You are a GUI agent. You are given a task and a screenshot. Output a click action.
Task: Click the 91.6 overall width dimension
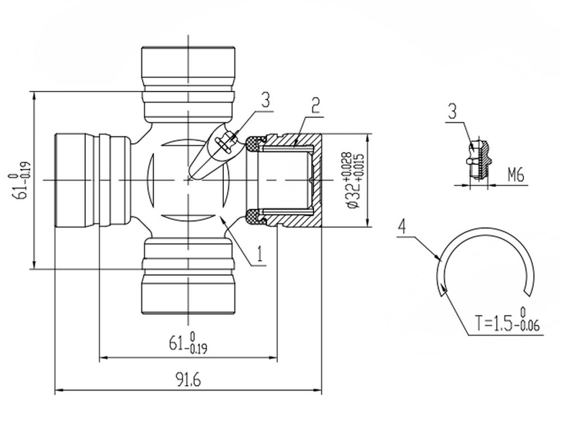(188, 379)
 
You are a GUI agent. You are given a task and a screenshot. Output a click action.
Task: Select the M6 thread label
(516, 175)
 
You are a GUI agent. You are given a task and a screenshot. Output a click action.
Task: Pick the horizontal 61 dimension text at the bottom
(188, 343)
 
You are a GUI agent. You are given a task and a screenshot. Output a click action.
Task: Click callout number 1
(260, 254)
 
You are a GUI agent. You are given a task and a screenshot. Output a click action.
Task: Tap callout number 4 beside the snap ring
(402, 227)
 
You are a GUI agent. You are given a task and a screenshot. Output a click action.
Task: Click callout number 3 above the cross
(265, 100)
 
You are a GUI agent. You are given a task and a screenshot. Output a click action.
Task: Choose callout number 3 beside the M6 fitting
(453, 111)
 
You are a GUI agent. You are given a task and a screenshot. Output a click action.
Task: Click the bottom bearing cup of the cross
(188, 274)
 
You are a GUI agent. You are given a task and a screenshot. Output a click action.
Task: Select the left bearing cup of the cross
(93, 180)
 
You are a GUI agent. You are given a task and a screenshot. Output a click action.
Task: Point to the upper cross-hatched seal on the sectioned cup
(255, 144)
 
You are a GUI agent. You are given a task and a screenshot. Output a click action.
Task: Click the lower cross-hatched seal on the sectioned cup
(255, 217)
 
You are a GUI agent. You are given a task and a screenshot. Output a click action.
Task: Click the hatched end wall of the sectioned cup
(316, 180)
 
